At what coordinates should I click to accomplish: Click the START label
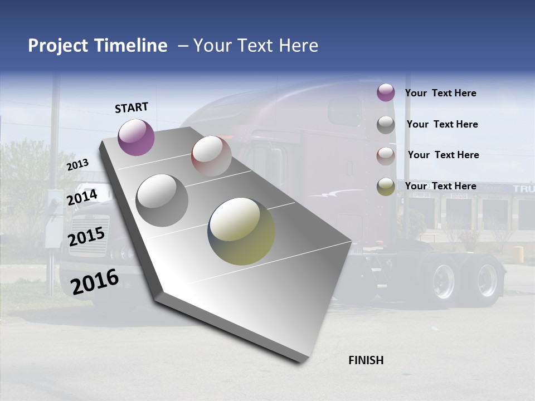point(132,107)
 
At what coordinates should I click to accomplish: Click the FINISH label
point(366,360)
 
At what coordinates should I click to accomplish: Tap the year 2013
point(78,164)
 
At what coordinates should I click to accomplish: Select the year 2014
point(82,198)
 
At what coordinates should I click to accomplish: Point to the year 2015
point(86,237)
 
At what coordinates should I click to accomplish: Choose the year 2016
point(95,282)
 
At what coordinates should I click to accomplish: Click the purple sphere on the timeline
point(136,137)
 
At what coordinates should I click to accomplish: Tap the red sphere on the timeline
point(211,155)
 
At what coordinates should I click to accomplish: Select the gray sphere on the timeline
point(162,200)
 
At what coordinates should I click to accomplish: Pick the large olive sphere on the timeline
point(241,231)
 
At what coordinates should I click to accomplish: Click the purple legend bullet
point(386,92)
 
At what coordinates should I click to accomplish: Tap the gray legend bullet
point(386,125)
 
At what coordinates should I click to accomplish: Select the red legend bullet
point(386,155)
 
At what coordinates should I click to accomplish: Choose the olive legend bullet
point(386,187)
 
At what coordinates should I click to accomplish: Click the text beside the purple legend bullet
point(440,93)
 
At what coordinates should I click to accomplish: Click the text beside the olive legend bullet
point(440,186)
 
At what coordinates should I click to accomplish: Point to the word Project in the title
point(58,46)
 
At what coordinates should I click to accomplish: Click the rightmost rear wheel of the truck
point(486,280)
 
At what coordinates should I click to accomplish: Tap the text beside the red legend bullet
point(443,155)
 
